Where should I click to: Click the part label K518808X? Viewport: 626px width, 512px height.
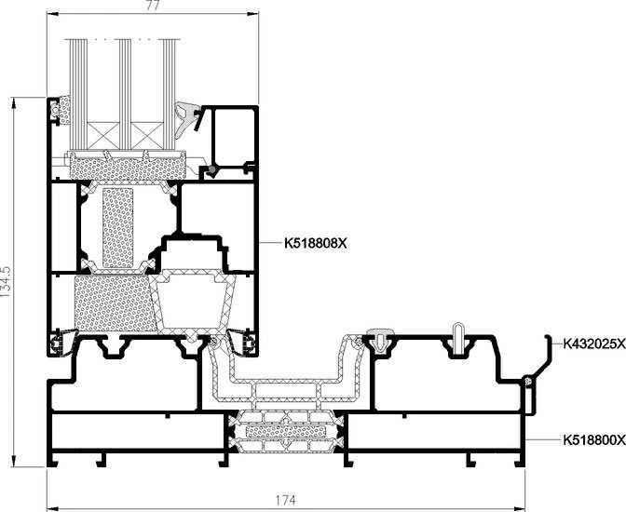316,243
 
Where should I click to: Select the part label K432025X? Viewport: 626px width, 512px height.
594,344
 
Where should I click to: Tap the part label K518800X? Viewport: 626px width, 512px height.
594,439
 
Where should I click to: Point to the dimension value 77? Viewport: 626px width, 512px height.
153,6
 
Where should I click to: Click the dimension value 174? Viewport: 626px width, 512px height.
285,500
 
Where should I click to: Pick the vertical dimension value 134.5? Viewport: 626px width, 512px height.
6,281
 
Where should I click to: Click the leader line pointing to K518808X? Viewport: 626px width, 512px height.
270,243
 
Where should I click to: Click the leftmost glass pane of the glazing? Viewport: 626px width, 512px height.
78,95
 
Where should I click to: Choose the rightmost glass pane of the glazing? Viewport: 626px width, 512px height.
169,95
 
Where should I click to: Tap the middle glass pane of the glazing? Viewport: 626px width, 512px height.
125,95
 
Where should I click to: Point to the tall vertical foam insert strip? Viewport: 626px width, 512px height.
117,228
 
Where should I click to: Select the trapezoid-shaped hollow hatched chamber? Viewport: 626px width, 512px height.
195,303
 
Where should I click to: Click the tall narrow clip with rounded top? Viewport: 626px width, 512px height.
458,339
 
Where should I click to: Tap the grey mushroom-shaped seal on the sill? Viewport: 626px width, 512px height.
380,338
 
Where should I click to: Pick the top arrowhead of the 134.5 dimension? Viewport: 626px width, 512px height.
14,102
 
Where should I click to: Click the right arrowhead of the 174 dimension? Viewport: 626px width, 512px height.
520,509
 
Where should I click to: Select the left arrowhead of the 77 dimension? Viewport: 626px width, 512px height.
53,14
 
